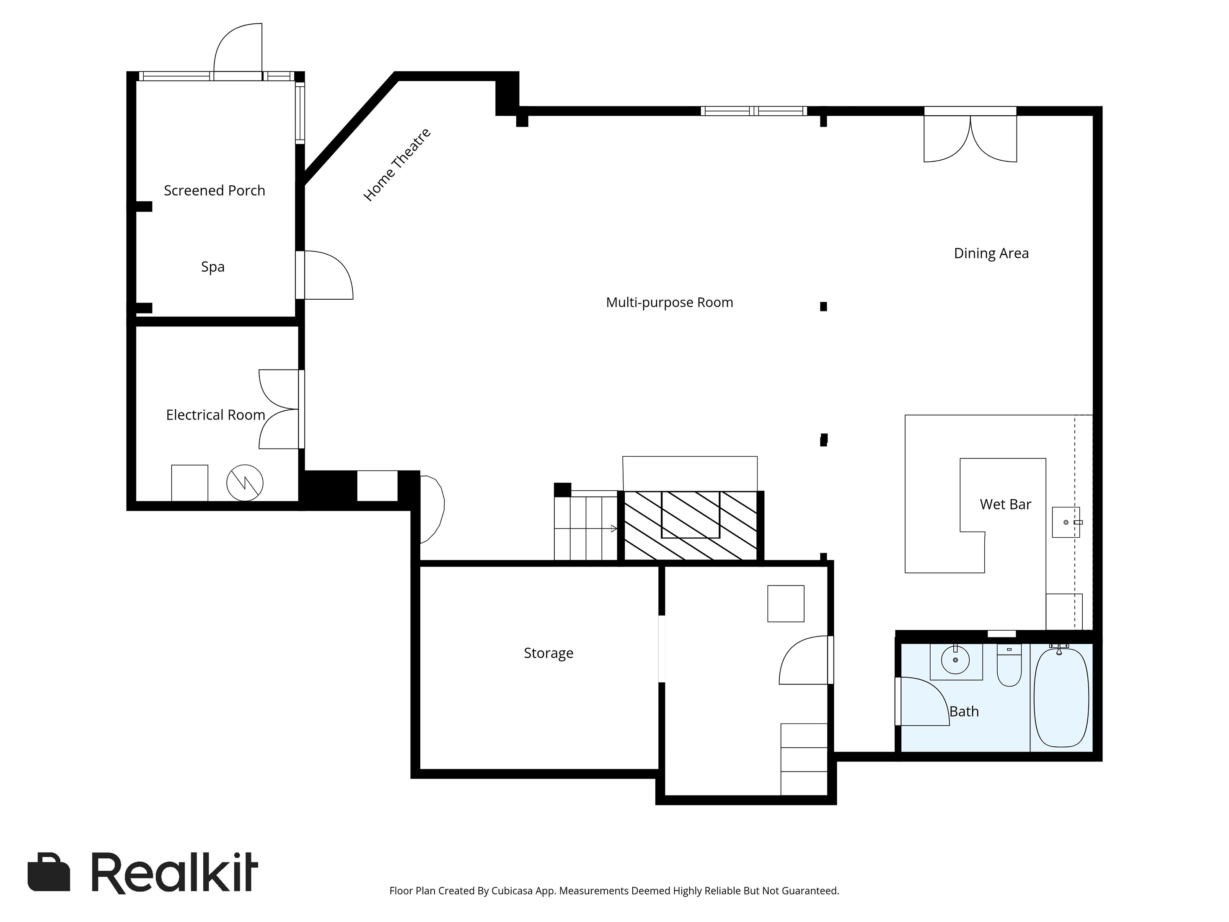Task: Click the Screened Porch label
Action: click(215, 191)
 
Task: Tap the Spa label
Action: click(213, 267)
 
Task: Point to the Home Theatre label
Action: click(397, 165)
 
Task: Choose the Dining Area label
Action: click(991, 254)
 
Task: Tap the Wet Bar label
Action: click(1005, 504)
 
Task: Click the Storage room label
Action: click(549, 653)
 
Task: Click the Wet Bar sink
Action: click(1066, 523)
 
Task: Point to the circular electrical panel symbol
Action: click(245, 482)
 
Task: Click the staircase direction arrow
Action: click(586, 528)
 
